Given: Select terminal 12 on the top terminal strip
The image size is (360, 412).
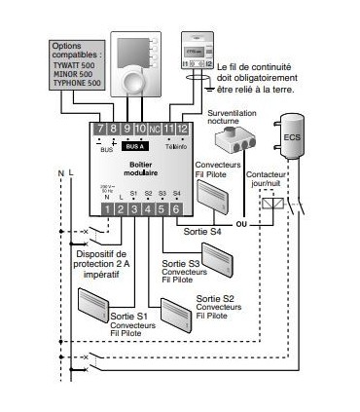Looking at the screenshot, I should click(x=182, y=129).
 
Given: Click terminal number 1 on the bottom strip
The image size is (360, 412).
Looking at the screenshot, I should click(x=105, y=207).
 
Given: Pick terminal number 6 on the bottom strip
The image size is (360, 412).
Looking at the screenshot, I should click(x=176, y=207).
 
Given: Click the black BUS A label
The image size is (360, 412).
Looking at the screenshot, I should click(x=134, y=145).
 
